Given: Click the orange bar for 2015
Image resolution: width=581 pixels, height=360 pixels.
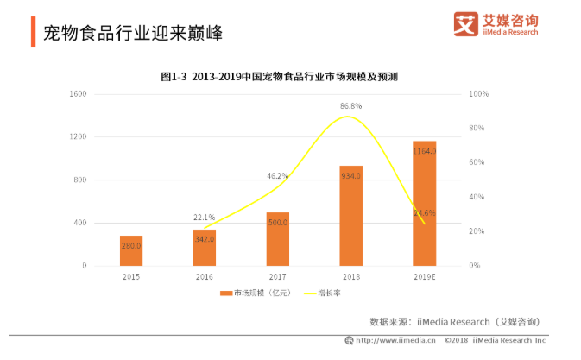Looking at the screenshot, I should [x=131, y=250].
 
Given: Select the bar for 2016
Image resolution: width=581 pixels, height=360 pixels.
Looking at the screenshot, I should [x=204, y=248].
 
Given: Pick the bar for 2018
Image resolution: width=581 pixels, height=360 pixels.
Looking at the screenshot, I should [x=350, y=216].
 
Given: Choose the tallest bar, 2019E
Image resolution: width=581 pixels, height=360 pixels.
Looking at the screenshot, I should [x=424, y=203].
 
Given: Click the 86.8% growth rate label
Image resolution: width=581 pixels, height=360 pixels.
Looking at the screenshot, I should [x=350, y=105].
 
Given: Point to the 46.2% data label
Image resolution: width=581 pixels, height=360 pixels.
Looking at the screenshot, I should [x=277, y=175].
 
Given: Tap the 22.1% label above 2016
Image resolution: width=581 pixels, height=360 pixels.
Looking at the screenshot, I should [x=204, y=218].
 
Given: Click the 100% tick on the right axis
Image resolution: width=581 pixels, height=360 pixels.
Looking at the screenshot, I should [x=480, y=93].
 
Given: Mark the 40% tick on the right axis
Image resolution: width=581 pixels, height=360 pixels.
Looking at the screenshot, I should [x=477, y=197].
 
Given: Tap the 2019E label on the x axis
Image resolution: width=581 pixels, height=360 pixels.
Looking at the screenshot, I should [x=424, y=278].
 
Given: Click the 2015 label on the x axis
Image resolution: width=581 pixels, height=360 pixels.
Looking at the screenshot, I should [x=131, y=278].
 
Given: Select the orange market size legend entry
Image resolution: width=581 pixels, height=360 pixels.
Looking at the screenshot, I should [x=257, y=294].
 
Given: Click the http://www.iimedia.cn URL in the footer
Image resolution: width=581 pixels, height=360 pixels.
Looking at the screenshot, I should [x=394, y=341].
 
